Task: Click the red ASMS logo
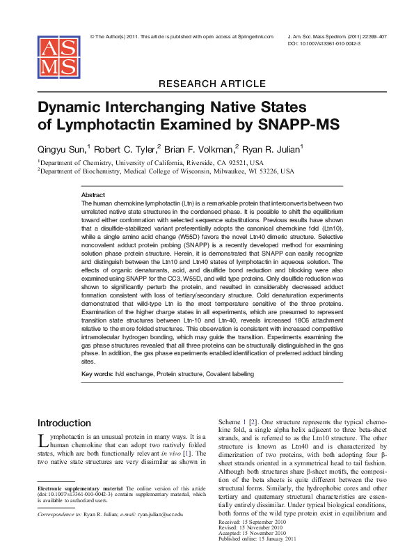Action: click(58, 56)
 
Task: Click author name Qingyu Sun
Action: click(61, 148)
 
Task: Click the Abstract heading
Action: click(93, 195)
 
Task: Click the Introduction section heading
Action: click(64, 423)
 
